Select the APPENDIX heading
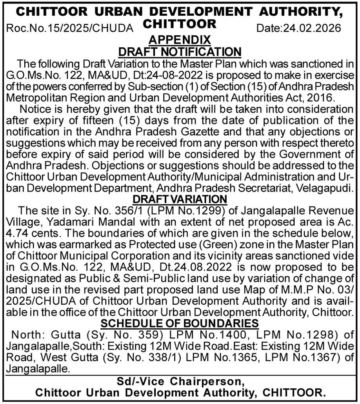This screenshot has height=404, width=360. (180, 40)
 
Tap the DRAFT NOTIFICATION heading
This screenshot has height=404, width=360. (180, 51)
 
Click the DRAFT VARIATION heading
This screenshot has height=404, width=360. (180, 198)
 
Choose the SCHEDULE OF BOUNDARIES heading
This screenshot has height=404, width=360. (180, 324)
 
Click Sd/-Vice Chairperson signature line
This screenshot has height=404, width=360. (180, 382)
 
